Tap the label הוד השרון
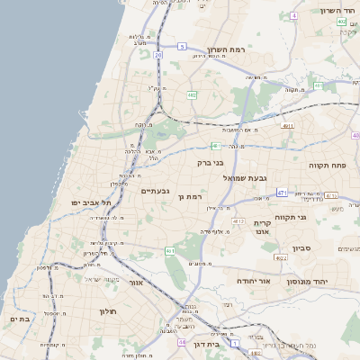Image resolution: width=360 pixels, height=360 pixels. (x=339, y=11)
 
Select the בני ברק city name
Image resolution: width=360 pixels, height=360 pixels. (x=210, y=163)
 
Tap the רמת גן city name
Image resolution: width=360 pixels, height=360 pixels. (x=192, y=196)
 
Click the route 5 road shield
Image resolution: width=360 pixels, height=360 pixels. (x=182, y=46)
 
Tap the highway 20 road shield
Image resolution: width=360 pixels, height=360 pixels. (x=157, y=55)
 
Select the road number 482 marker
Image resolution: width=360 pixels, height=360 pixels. (x=192, y=94)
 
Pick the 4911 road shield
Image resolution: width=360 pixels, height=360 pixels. (x=288, y=126)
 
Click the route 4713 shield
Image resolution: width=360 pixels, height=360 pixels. (x=238, y=220)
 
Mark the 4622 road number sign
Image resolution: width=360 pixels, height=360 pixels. (x=281, y=258)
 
